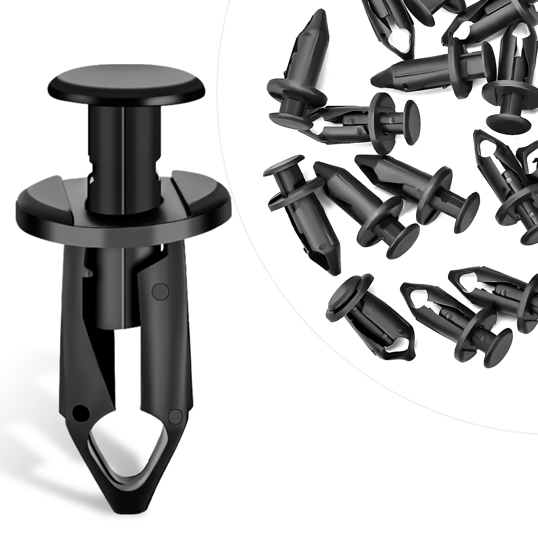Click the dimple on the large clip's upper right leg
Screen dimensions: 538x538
click(160, 291)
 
